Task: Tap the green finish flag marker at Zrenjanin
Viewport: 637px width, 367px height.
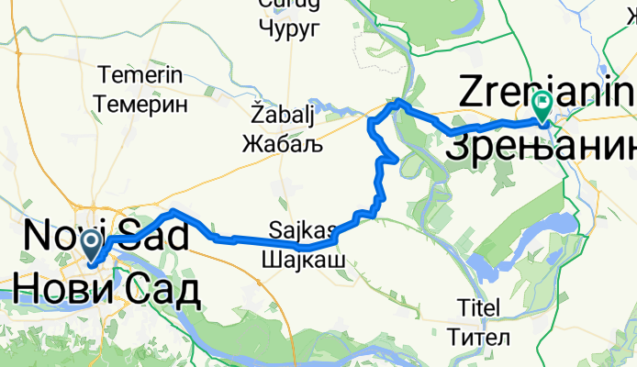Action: [543, 108]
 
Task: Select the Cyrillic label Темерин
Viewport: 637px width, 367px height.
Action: [147, 104]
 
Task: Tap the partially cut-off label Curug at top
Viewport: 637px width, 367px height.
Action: [290, 5]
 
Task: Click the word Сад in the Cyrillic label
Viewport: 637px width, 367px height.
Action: [162, 290]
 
